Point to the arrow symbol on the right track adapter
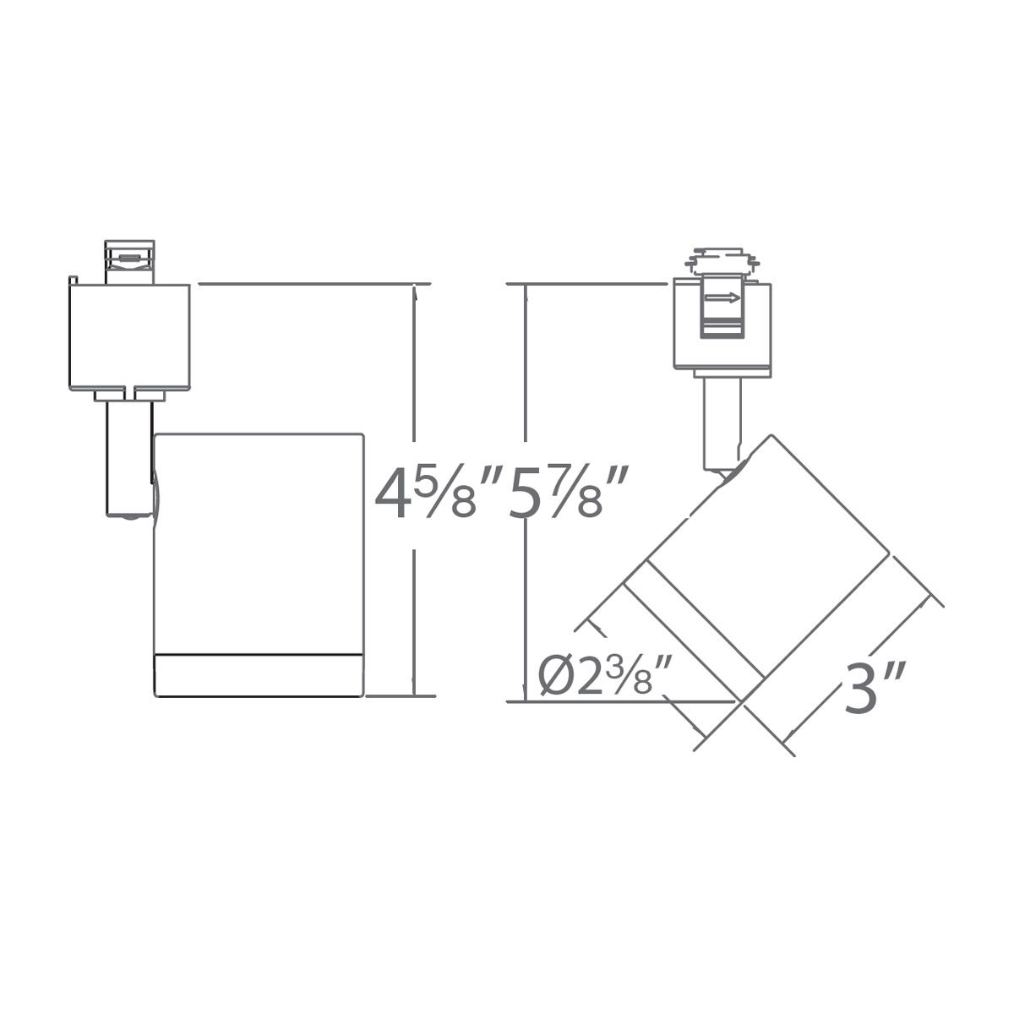(722, 297)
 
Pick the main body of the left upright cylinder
(258, 541)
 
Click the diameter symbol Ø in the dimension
(553, 677)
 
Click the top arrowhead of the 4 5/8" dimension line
(414, 292)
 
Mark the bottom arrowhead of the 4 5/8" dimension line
(414, 689)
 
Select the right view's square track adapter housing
(722, 325)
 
